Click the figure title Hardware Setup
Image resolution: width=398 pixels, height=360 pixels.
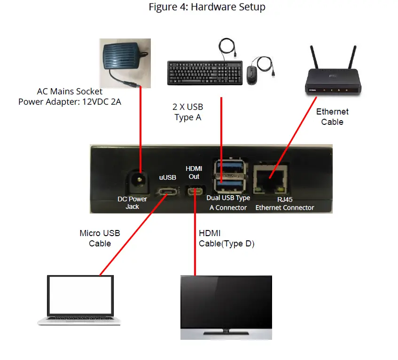click(207, 7)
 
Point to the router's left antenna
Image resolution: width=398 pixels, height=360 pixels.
click(314, 58)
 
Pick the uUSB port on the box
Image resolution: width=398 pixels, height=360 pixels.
click(167, 192)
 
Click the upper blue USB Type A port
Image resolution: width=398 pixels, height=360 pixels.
click(229, 167)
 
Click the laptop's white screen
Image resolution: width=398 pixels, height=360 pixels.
click(80, 297)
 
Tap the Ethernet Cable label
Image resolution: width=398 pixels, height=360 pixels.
click(332, 117)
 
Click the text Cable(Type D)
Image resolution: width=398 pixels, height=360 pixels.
click(226, 243)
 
